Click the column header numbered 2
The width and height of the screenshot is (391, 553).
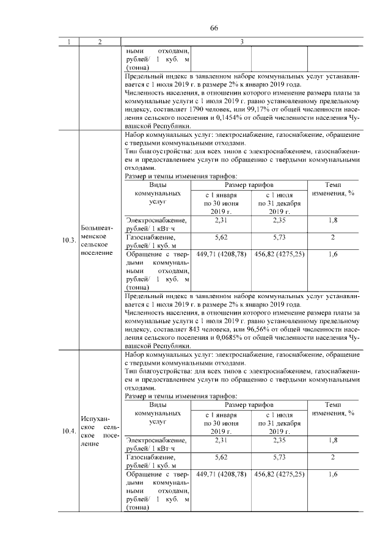99,42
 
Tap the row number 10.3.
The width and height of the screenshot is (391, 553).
68,241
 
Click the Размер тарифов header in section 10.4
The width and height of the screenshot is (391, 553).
249,405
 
